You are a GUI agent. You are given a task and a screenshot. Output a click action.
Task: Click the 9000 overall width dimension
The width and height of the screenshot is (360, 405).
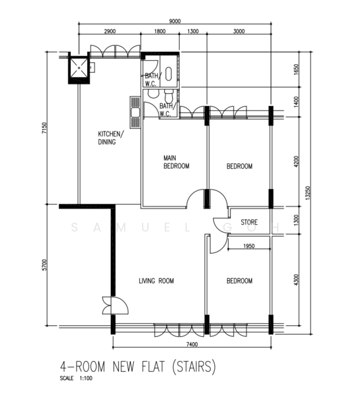pyautogui.click(x=175, y=21)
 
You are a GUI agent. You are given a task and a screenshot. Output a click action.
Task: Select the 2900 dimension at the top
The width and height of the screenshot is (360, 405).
pyautogui.click(x=110, y=31)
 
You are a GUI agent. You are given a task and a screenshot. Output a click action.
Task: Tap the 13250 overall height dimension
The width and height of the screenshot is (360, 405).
pyautogui.click(x=307, y=193)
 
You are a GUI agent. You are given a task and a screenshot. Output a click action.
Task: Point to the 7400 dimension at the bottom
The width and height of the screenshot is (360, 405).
pyautogui.click(x=192, y=344)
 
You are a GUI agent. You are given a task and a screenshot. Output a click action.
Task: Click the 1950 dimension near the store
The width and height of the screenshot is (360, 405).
pyautogui.click(x=249, y=246)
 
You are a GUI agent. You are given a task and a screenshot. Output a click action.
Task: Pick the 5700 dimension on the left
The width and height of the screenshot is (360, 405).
pyautogui.click(x=45, y=265)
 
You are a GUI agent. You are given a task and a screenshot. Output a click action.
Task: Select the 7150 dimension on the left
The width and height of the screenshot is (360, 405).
pyautogui.click(x=45, y=128)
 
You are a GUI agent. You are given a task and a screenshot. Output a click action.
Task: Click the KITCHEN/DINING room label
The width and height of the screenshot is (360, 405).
pyautogui.click(x=111, y=138)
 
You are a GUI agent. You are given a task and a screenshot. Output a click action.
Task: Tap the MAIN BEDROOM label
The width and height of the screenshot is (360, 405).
pyautogui.click(x=176, y=162)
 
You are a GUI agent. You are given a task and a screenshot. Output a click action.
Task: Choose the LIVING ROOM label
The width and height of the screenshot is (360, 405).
pyautogui.click(x=156, y=281)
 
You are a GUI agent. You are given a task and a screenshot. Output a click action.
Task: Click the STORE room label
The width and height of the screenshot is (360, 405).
pyautogui.click(x=249, y=222)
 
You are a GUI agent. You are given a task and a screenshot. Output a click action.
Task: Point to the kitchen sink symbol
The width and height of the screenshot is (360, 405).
pyautogui.click(x=135, y=112)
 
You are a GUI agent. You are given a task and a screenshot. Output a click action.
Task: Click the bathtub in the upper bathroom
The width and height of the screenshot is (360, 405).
pyautogui.click(x=168, y=74)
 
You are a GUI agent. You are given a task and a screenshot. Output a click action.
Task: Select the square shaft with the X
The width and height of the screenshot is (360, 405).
pyautogui.click(x=79, y=67)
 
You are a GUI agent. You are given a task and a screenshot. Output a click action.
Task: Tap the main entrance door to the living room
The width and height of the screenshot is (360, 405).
pyautogui.click(x=115, y=305)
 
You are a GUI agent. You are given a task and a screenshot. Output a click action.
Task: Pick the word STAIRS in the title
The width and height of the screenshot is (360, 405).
pyautogui.click(x=194, y=367)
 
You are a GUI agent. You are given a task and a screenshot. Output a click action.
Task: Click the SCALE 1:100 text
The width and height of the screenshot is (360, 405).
pyautogui.click(x=76, y=379)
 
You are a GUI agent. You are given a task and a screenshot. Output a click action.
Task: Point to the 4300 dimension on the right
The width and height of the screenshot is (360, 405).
pyautogui.click(x=296, y=279)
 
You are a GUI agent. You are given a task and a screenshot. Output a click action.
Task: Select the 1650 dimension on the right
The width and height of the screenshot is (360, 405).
pyautogui.click(x=296, y=70)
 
